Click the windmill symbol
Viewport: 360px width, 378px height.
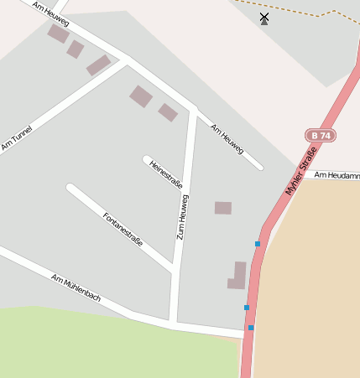click(x=264, y=18)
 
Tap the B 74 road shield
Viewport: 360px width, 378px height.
click(x=320, y=135)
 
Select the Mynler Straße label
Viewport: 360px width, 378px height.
click(x=304, y=171)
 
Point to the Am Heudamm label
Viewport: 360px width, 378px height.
click(x=339, y=174)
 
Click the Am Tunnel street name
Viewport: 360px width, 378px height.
click(x=17, y=138)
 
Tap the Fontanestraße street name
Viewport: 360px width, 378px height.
click(x=123, y=229)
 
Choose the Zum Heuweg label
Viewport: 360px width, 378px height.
click(x=182, y=217)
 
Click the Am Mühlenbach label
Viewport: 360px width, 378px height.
click(x=76, y=287)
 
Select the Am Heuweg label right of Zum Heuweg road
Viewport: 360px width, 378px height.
click(x=227, y=138)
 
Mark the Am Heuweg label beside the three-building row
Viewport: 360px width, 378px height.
click(x=50, y=13)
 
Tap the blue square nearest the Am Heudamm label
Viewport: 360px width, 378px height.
click(x=258, y=244)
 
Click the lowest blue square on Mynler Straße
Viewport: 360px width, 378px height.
click(x=250, y=328)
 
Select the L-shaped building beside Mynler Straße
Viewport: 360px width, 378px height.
click(x=237, y=277)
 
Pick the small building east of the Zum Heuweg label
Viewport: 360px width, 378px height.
click(x=222, y=208)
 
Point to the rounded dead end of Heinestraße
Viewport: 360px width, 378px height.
click(x=147, y=159)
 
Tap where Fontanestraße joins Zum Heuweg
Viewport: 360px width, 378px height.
click(x=174, y=269)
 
